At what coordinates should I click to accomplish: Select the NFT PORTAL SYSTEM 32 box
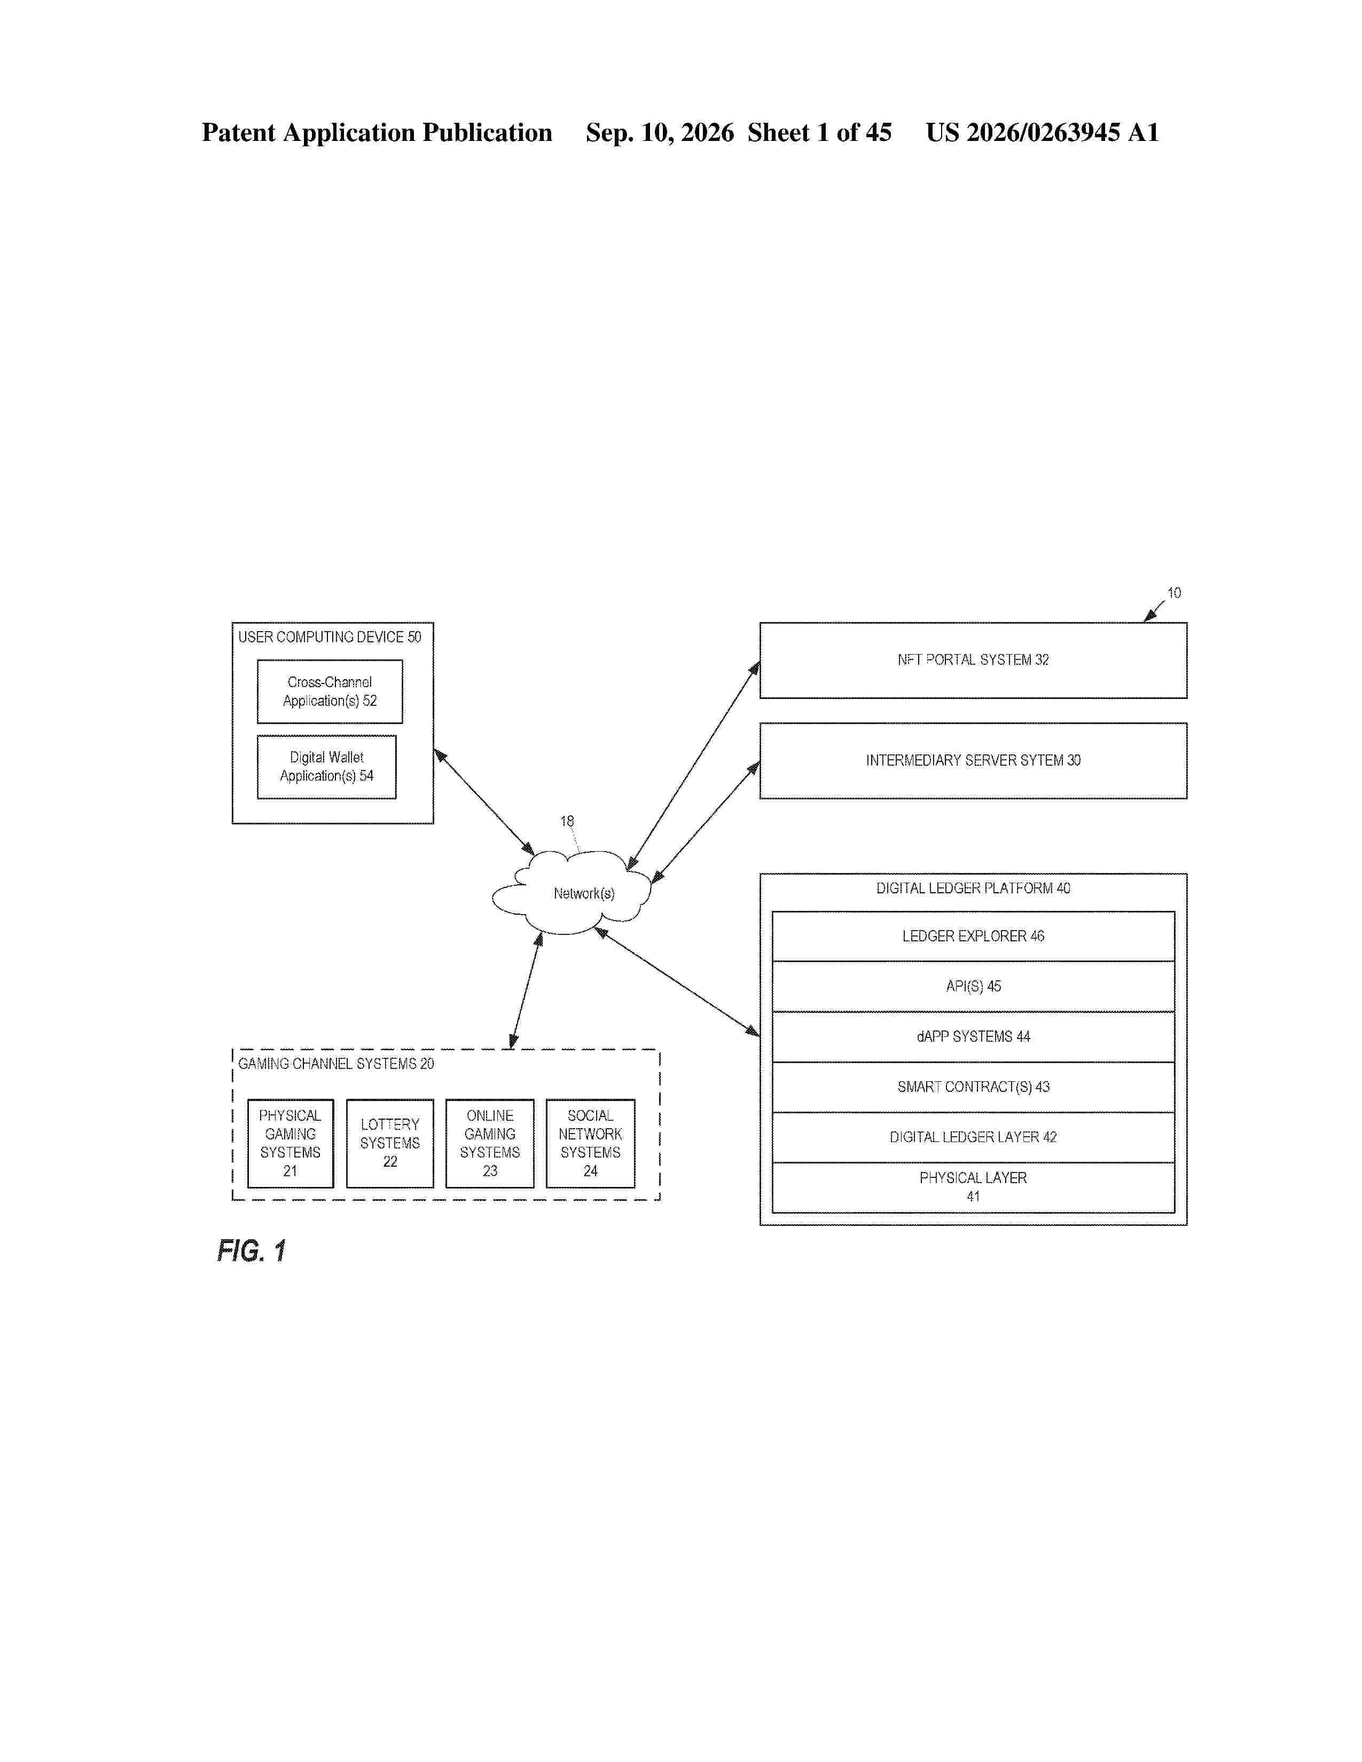(973, 660)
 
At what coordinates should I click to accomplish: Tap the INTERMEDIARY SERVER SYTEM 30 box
(973, 761)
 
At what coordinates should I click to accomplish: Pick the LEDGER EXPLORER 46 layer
(973, 936)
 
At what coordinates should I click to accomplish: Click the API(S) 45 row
(973, 986)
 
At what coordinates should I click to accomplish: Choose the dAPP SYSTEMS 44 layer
(973, 1037)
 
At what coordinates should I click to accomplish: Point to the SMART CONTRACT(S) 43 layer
(973, 1087)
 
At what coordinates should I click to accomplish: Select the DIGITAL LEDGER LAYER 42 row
(973, 1137)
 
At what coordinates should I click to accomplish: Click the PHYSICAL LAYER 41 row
(973, 1187)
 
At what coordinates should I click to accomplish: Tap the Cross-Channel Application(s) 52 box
(330, 691)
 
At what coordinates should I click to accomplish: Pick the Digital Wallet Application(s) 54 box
(327, 766)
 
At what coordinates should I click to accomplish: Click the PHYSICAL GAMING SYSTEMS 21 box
(291, 1143)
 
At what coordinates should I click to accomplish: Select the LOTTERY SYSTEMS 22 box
(390, 1143)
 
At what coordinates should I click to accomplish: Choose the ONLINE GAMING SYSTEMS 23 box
(490, 1143)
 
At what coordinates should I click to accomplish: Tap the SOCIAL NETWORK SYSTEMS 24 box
(591, 1143)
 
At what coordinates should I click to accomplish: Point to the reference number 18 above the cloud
(567, 821)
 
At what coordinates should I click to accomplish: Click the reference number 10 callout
(1174, 593)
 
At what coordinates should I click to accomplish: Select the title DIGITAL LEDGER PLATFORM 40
(973, 888)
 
